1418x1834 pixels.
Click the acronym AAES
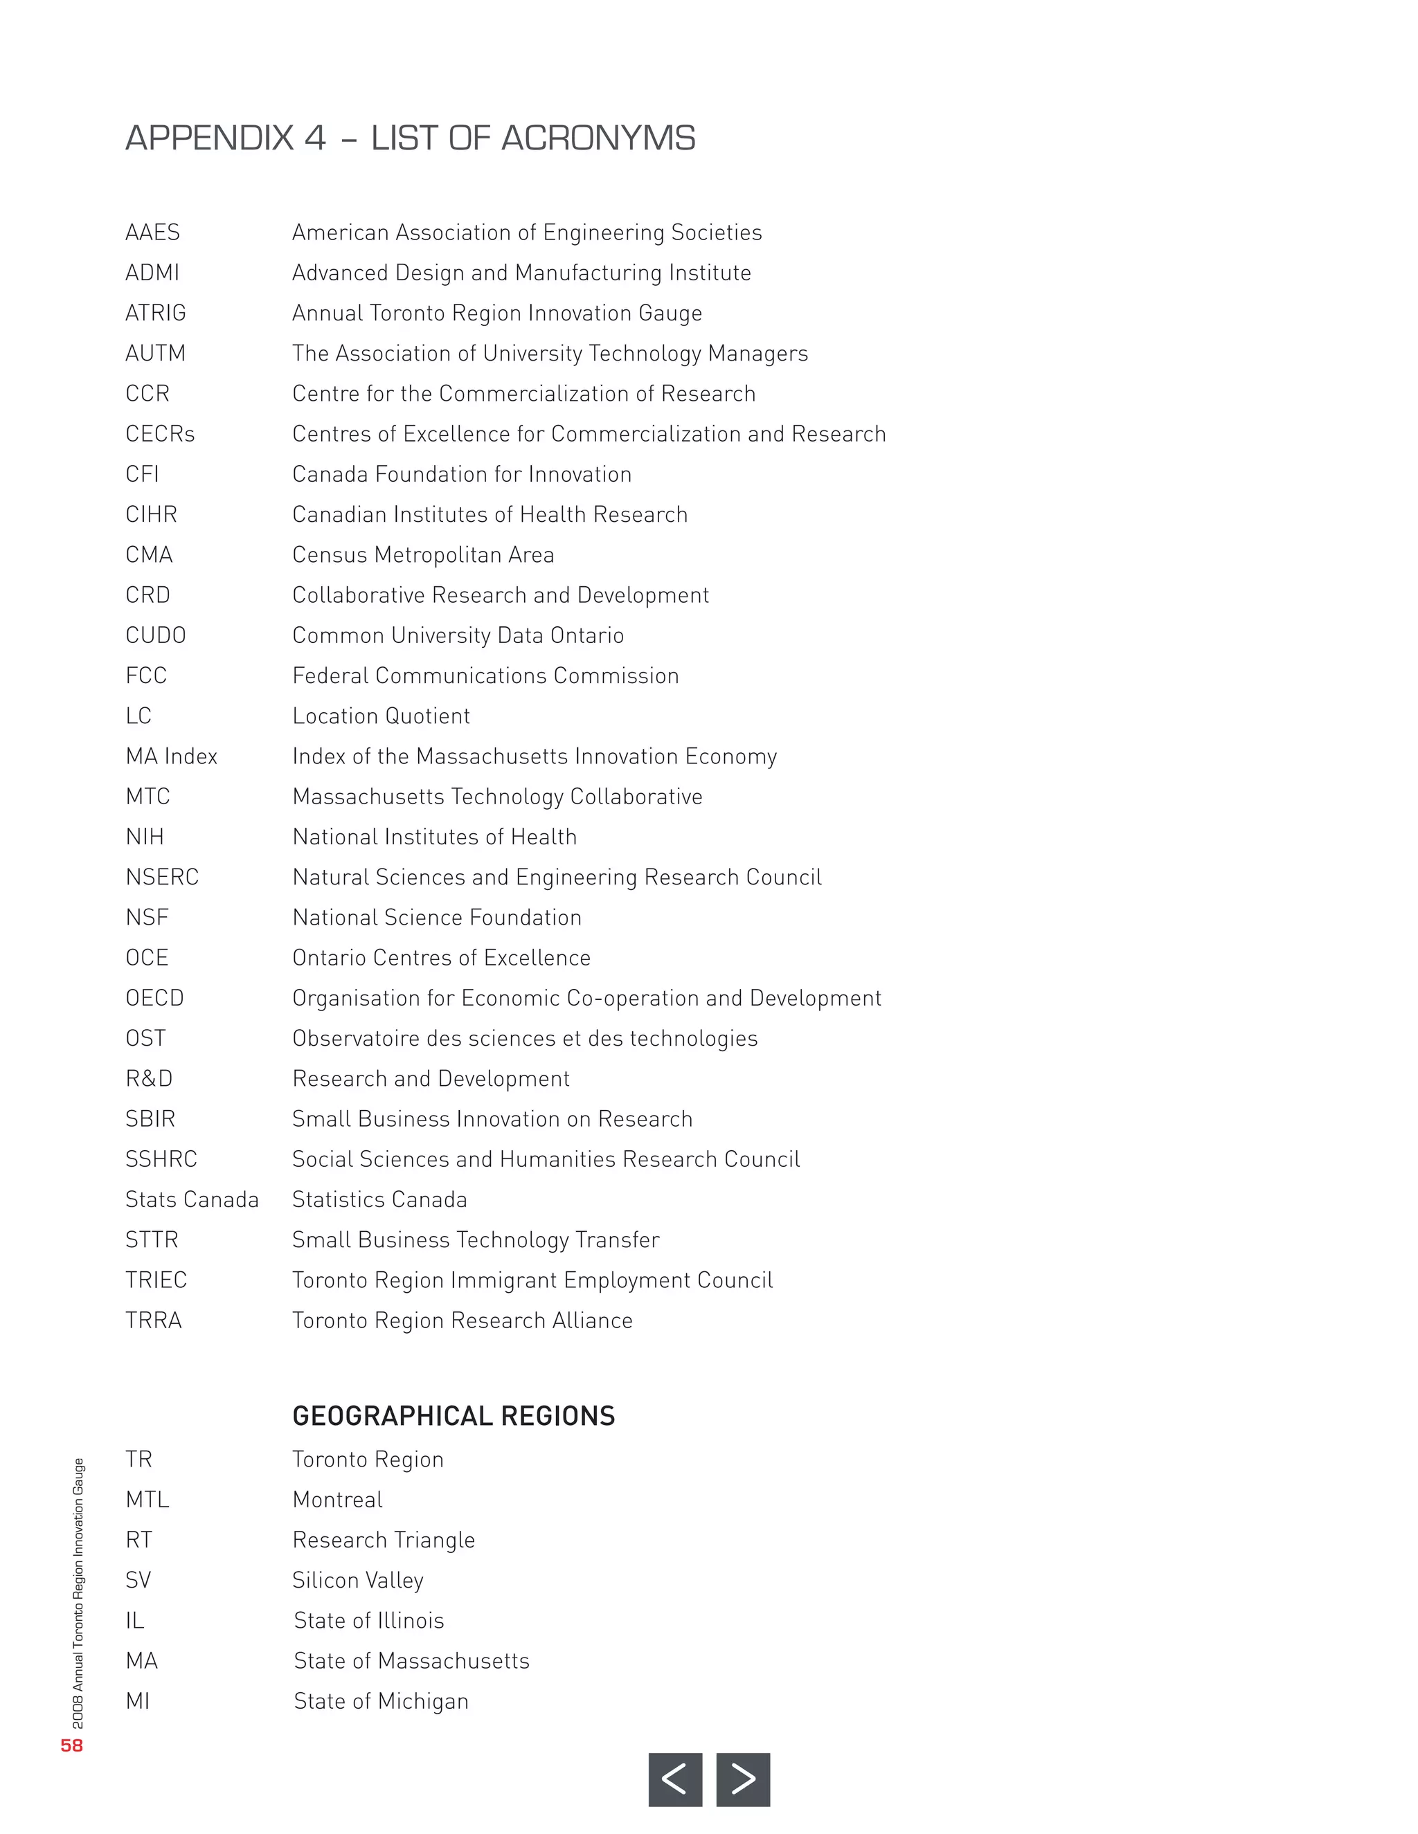(x=152, y=233)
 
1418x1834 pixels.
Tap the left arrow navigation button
(x=674, y=1779)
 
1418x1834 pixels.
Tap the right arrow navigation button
(x=743, y=1779)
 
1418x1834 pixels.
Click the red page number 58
(x=71, y=1746)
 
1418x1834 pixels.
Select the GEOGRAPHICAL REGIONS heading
(x=453, y=1417)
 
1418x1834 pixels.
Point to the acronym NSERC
(x=162, y=878)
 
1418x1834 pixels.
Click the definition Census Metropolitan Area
(x=422, y=555)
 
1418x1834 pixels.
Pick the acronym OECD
(x=154, y=999)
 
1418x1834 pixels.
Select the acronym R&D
(x=149, y=1079)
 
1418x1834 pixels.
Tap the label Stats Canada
(x=192, y=1200)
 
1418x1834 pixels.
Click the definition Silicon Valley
(x=358, y=1581)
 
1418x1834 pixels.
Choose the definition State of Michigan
(x=381, y=1701)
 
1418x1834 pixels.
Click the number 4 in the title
(x=315, y=138)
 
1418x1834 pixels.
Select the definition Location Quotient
(x=381, y=716)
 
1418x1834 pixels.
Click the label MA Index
(x=172, y=756)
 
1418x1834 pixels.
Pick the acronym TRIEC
(x=156, y=1280)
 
